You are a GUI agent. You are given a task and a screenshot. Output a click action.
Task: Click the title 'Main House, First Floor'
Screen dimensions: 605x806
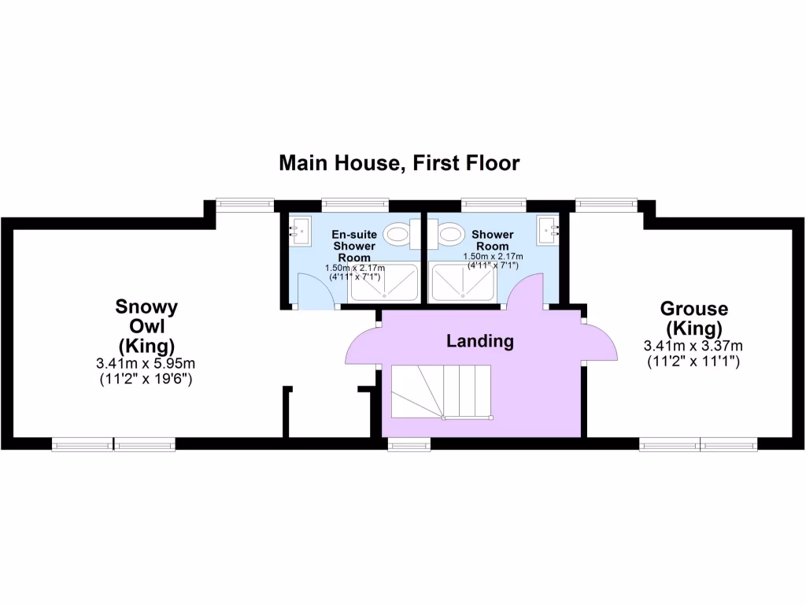pyautogui.click(x=399, y=163)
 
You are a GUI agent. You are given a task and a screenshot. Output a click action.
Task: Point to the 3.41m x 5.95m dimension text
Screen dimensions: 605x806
pyautogui.click(x=146, y=363)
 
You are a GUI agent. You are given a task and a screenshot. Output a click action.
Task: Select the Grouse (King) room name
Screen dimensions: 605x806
pyautogui.click(x=693, y=317)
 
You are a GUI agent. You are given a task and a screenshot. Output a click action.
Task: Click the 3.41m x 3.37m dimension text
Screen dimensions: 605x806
pyautogui.click(x=693, y=346)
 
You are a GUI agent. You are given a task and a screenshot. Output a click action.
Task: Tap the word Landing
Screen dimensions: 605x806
pyautogui.click(x=479, y=341)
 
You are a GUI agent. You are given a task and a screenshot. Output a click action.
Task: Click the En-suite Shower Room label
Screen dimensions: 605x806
pyautogui.click(x=352, y=246)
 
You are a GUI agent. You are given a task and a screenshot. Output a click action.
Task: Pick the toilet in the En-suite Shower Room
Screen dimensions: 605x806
pyautogui.click(x=398, y=234)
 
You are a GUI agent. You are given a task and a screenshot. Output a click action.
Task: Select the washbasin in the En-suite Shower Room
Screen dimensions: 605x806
pyautogui.click(x=297, y=231)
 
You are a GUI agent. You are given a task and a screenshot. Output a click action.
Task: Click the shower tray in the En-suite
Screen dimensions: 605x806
pyautogui.click(x=385, y=283)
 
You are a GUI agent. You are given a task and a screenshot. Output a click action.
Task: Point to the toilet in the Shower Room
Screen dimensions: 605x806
pyautogui.click(x=449, y=234)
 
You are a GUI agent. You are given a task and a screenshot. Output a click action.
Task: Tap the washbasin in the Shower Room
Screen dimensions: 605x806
pyautogui.click(x=549, y=231)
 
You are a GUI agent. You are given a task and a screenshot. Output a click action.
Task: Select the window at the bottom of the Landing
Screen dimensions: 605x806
pyautogui.click(x=410, y=445)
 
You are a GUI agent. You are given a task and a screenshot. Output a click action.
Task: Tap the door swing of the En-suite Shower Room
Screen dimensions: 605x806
pyautogui.click(x=316, y=289)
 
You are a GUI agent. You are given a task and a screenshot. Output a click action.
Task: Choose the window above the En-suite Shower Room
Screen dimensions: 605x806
pyautogui.click(x=355, y=204)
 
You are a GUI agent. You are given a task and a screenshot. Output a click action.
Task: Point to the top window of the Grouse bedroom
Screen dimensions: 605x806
pyautogui.click(x=607, y=204)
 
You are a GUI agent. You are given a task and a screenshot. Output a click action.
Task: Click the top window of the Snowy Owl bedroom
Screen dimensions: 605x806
pyautogui.click(x=245, y=204)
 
